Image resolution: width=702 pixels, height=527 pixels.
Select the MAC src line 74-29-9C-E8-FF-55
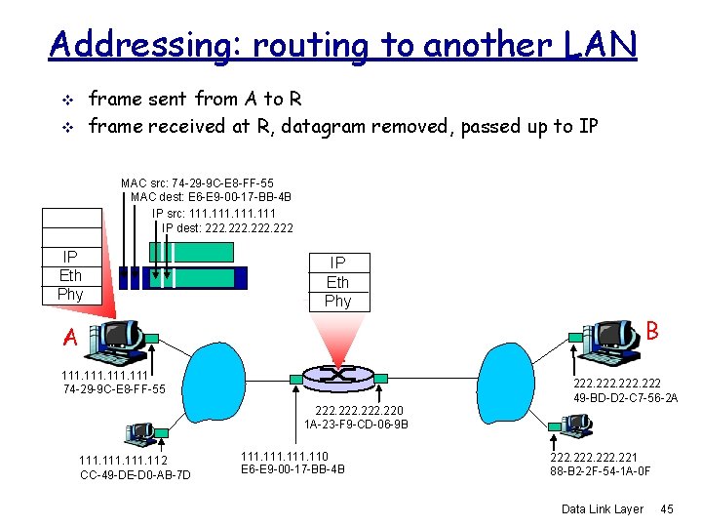(x=197, y=182)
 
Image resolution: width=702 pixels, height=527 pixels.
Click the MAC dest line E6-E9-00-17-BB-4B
(x=211, y=197)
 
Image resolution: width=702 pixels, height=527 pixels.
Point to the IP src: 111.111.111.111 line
(x=214, y=213)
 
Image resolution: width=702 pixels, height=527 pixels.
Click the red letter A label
(x=69, y=338)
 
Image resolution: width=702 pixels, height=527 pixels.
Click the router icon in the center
(x=338, y=375)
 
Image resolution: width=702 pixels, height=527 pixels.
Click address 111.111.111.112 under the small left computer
(x=123, y=461)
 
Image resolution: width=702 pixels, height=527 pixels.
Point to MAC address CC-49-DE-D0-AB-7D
(x=135, y=475)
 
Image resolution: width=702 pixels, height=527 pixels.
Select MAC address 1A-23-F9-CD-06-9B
(x=356, y=425)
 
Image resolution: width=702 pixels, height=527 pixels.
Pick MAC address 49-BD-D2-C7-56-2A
(x=626, y=397)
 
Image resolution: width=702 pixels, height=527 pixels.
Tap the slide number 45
(x=667, y=509)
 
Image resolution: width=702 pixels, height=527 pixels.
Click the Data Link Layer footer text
(x=603, y=509)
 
